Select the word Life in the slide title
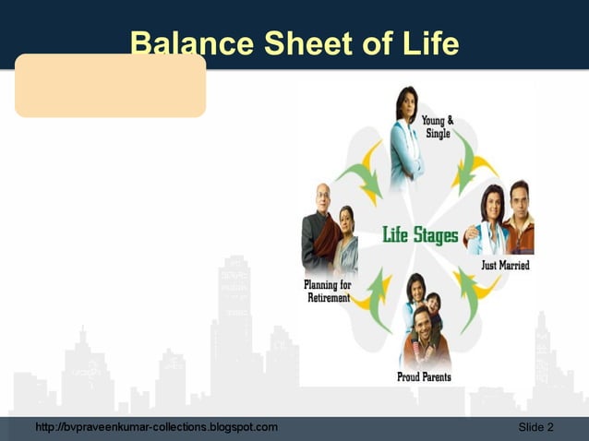tap(428, 42)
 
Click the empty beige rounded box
tap(110, 85)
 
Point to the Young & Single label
tap(437, 127)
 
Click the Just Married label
tap(505, 266)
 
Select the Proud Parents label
tap(424, 376)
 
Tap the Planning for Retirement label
tap(328, 291)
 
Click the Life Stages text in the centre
tap(420, 235)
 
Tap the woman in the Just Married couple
tap(489, 226)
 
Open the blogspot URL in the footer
tap(155, 427)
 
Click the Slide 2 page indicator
tap(535, 427)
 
